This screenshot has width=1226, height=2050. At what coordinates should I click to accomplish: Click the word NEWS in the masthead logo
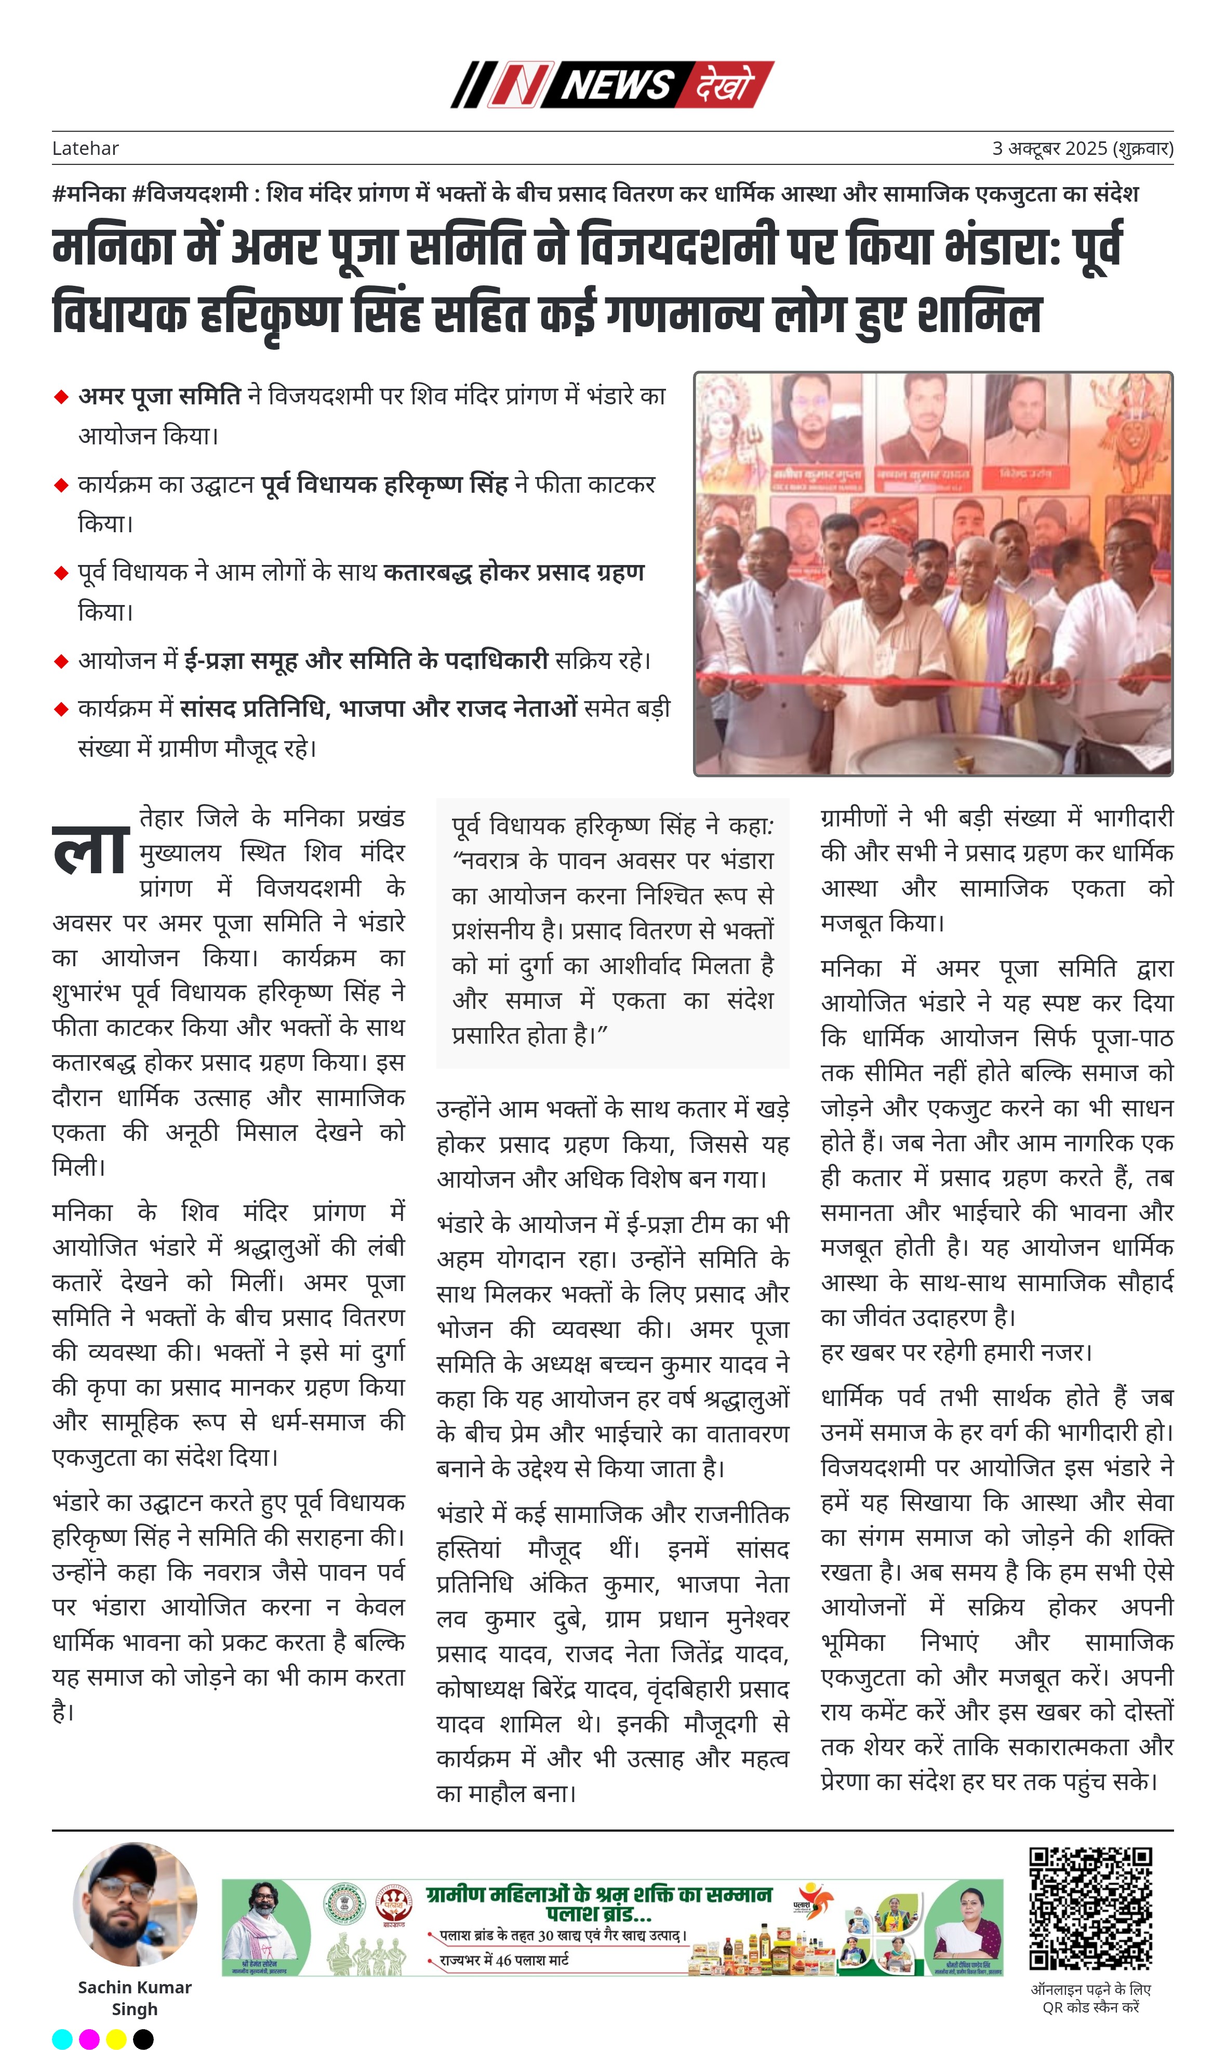tap(618, 84)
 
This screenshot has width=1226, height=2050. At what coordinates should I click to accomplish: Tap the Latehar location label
tap(85, 148)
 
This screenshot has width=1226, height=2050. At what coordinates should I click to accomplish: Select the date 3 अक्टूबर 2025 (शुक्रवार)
tap(1082, 148)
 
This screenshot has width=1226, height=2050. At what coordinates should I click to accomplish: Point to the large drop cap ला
tap(91, 851)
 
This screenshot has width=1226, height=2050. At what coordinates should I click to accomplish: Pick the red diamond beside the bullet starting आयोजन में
tap(60, 661)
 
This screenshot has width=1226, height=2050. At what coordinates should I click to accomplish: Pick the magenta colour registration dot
tap(89, 2039)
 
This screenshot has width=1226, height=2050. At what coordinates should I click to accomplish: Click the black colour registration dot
tap(143, 2039)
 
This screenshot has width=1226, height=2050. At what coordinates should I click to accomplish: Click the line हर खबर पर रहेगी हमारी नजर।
tap(956, 1353)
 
